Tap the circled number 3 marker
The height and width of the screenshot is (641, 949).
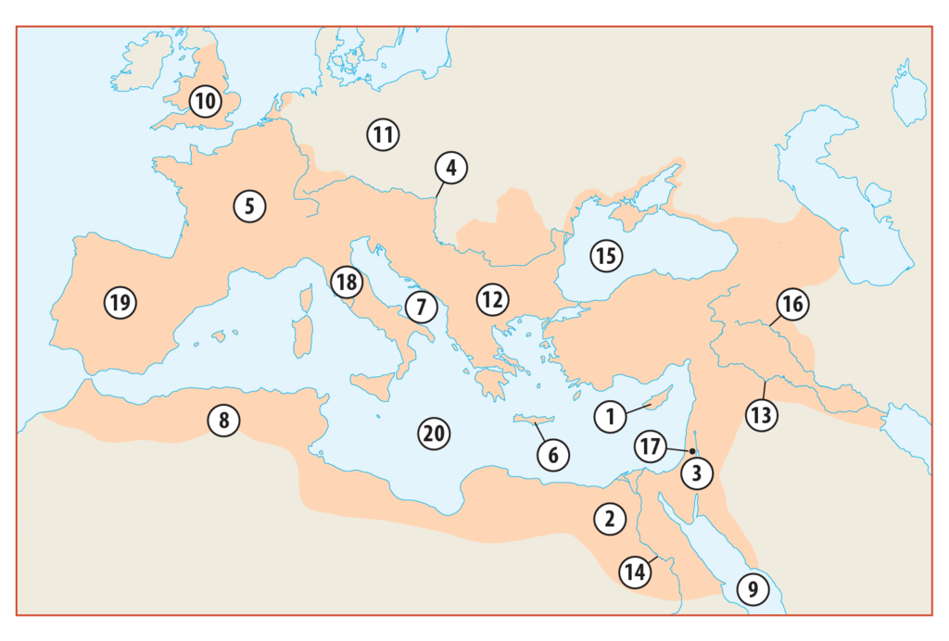click(696, 475)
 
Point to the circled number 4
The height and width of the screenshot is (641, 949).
click(450, 169)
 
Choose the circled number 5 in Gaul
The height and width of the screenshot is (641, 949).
click(249, 205)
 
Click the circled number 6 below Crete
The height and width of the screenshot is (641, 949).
click(552, 455)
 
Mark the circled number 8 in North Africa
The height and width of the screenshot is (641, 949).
click(223, 420)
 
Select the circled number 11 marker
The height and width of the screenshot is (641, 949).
click(382, 134)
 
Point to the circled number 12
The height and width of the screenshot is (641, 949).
click(492, 299)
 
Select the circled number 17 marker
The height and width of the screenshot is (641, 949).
click(651, 446)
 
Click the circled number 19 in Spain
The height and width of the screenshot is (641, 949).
click(120, 302)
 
